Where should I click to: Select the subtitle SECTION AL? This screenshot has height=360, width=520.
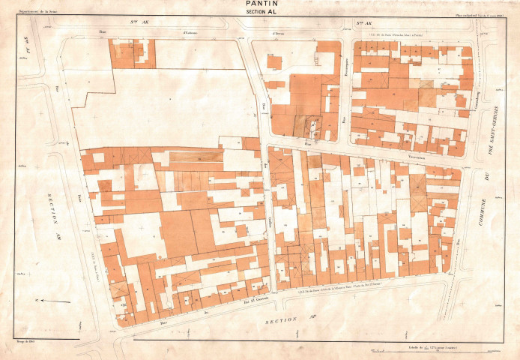point(260,13)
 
